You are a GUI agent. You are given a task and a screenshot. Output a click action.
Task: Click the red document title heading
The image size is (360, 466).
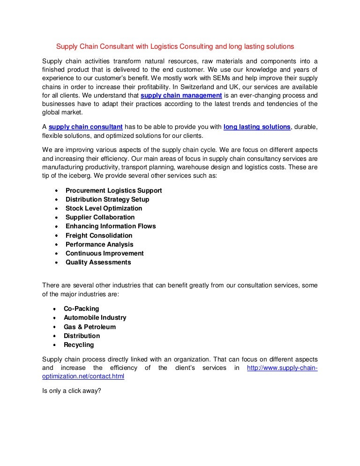click(x=175, y=46)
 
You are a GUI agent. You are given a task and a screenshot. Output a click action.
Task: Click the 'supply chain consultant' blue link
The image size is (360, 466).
click(x=86, y=127)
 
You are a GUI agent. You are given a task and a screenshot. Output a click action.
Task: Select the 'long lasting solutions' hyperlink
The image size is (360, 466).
click(x=257, y=127)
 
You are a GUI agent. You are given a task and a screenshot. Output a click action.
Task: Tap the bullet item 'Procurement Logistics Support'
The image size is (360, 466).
click(x=113, y=190)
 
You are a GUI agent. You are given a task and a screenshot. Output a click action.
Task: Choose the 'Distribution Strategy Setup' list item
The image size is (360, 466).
click(x=107, y=199)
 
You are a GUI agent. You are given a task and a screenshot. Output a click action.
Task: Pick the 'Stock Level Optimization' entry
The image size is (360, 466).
click(x=104, y=208)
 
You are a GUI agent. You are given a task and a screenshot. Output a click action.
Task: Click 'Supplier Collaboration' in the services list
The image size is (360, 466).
click(x=100, y=217)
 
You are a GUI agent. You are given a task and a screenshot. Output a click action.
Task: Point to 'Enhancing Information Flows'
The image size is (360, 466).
click(x=111, y=226)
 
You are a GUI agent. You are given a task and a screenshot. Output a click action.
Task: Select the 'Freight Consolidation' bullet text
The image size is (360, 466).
click(x=99, y=235)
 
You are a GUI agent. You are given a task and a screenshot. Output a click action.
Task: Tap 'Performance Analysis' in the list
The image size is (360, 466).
click(x=99, y=244)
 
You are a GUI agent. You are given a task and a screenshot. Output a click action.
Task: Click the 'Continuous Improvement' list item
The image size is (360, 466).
click(x=105, y=253)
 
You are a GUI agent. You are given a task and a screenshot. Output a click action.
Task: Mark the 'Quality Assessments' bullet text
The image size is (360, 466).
click(x=98, y=262)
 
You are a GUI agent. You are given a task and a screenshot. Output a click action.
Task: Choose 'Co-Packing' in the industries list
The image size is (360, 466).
click(x=82, y=308)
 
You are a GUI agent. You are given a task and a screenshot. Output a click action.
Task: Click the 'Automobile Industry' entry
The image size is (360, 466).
click(x=95, y=317)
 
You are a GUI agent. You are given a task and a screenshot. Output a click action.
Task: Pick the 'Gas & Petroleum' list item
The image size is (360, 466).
click(x=90, y=327)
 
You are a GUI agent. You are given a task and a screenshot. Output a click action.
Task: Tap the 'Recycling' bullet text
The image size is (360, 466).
click(x=79, y=345)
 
